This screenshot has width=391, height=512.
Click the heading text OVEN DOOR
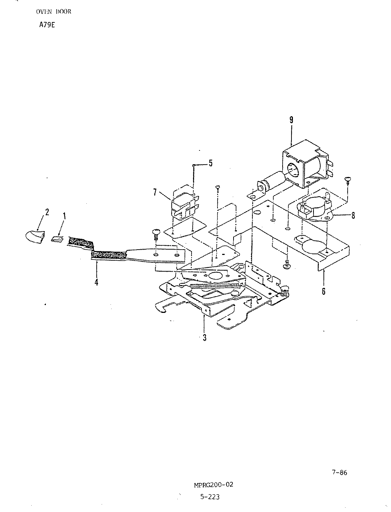(54, 12)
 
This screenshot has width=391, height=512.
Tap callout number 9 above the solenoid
(291, 120)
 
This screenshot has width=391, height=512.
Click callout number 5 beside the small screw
(210, 163)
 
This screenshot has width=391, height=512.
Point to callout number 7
(155, 192)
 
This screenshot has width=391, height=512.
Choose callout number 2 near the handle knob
(47, 212)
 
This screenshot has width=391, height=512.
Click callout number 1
(64, 216)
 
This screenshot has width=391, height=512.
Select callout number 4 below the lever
(96, 282)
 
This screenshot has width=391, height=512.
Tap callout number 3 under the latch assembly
(204, 337)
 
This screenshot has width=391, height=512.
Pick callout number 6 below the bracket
(323, 291)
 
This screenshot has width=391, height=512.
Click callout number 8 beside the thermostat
(353, 215)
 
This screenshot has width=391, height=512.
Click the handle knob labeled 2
(34, 237)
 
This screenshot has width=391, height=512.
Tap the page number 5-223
(210, 497)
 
